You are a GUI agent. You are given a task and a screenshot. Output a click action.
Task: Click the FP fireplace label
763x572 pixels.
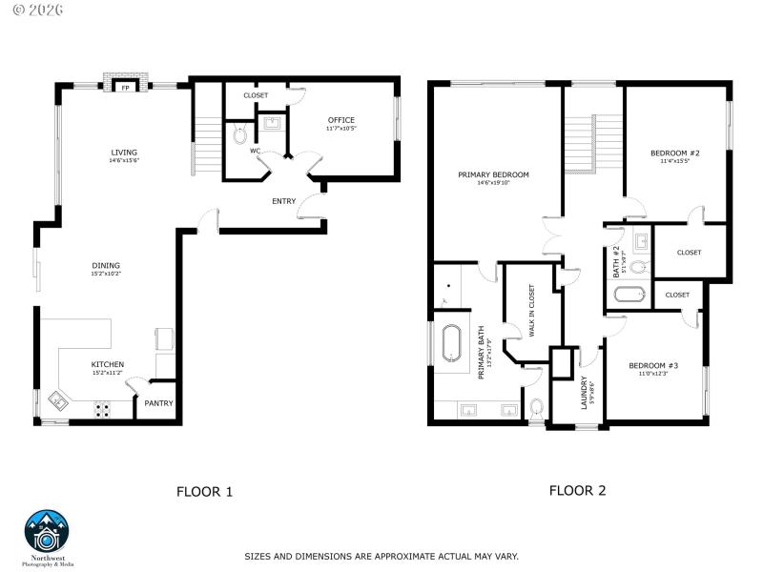(x=124, y=88)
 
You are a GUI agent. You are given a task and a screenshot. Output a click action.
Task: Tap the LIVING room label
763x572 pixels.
(x=124, y=153)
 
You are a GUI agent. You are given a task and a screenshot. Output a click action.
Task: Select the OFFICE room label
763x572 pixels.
(x=340, y=120)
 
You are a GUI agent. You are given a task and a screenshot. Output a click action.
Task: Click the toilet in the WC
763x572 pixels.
(x=239, y=134)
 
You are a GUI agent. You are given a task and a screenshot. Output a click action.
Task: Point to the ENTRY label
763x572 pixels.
(x=283, y=201)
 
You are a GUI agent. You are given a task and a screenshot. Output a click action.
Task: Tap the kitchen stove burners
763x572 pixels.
(x=102, y=410)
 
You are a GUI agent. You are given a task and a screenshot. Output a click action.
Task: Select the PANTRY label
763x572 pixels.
(x=158, y=403)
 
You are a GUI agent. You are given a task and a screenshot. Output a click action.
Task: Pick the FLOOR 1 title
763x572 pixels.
(x=204, y=492)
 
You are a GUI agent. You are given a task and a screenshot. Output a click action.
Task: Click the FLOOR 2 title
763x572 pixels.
(x=577, y=490)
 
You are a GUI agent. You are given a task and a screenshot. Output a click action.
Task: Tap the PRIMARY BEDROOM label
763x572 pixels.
(x=493, y=174)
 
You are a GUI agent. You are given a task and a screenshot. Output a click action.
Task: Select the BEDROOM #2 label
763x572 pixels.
(x=675, y=153)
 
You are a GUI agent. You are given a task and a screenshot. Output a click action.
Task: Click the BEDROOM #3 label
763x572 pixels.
(x=653, y=366)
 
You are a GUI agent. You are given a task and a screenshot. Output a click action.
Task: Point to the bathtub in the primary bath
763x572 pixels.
(x=452, y=344)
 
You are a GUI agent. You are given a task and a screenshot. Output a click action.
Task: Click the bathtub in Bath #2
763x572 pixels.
(x=630, y=294)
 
